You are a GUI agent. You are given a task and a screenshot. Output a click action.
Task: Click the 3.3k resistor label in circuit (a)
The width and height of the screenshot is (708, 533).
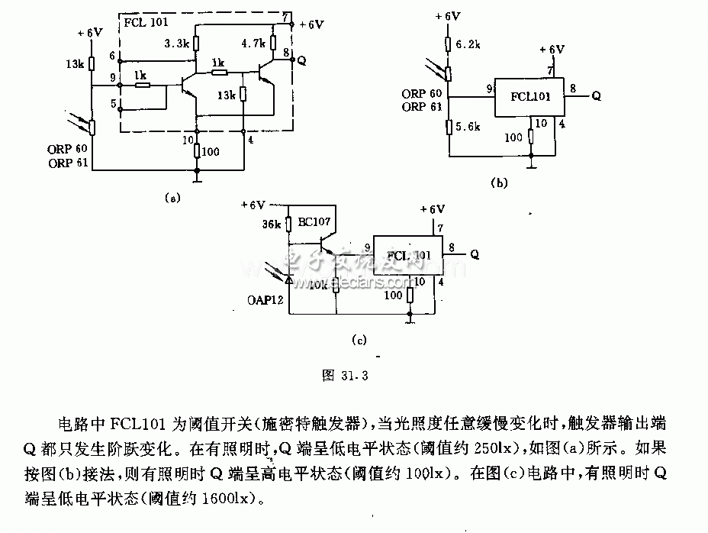pos(177,45)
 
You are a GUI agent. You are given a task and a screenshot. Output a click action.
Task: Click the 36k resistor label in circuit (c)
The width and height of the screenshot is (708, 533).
pos(272,225)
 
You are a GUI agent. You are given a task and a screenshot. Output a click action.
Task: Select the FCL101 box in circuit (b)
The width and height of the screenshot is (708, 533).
pos(529,97)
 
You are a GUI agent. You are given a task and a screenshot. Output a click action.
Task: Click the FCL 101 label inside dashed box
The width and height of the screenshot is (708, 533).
pos(144,21)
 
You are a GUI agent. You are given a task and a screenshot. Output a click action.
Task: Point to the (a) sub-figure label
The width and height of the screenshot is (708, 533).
pos(172,198)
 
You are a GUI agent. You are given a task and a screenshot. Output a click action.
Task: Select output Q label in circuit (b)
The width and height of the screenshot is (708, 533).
pos(597,96)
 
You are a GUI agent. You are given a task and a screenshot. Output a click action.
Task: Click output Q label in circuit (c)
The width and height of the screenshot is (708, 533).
pos(475,253)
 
